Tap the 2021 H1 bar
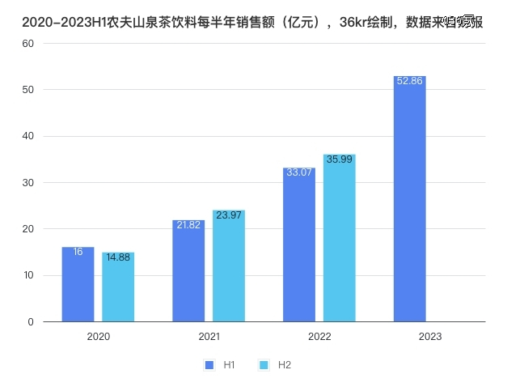[x=188, y=271]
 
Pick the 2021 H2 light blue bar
[x=229, y=266]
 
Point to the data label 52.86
[x=409, y=81]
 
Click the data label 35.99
[x=340, y=159]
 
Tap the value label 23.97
[x=229, y=215]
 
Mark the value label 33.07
[x=299, y=172]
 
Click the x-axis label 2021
[x=209, y=336]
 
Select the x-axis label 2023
[x=430, y=336]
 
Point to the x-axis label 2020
[x=98, y=336]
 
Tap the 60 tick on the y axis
[x=27, y=43]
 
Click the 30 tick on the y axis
[x=27, y=182]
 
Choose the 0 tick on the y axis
[x=31, y=322]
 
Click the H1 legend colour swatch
[x=209, y=365]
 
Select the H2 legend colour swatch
[x=263, y=365]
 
